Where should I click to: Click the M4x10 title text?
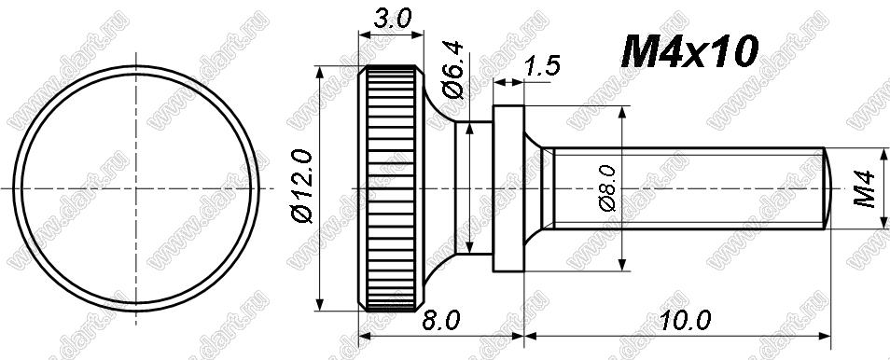pos(689,51)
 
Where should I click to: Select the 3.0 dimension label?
pos(392,20)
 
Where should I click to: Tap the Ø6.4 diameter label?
pos(454,69)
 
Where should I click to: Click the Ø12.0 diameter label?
pos(302,187)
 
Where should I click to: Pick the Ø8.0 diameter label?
pos(607,188)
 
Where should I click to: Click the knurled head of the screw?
pos(391,188)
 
